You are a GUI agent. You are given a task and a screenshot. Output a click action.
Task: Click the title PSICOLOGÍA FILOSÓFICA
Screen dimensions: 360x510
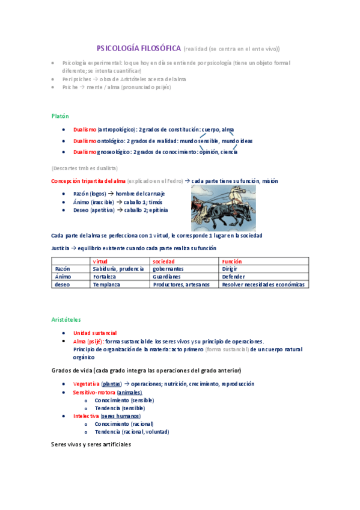pyautogui.click(x=139, y=48)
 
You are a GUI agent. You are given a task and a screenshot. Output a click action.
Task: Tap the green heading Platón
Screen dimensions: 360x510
pyautogui.click(x=60, y=115)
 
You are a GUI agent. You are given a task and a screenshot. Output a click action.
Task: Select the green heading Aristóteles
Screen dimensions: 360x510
pyautogui.click(x=66, y=319)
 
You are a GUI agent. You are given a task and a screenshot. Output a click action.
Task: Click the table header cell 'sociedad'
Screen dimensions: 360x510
pyautogui.click(x=163, y=262)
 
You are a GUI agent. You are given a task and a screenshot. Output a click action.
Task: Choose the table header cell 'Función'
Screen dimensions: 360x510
pyautogui.click(x=231, y=262)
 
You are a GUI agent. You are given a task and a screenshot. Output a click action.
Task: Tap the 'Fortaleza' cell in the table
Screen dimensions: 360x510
pyautogui.click(x=106, y=277)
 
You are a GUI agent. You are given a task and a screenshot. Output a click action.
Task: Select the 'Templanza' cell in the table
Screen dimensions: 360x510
pyautogui.click(x=106, y=284)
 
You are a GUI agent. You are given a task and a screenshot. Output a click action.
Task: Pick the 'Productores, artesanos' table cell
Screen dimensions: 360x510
pyautogui.click(x=181, y=284)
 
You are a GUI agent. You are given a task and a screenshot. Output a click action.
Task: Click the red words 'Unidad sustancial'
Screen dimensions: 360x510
pyautogui.click(x=95, y=333)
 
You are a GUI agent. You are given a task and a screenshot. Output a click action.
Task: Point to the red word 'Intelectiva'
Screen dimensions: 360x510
pyautogui.click(x=85, y=416)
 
